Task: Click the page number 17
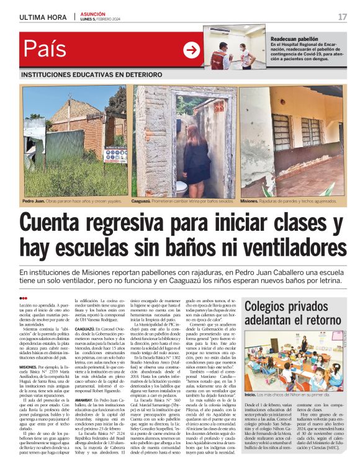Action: [342, 17]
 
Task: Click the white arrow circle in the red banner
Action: [191, 50]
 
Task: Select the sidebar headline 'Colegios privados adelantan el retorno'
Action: [294, 313]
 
